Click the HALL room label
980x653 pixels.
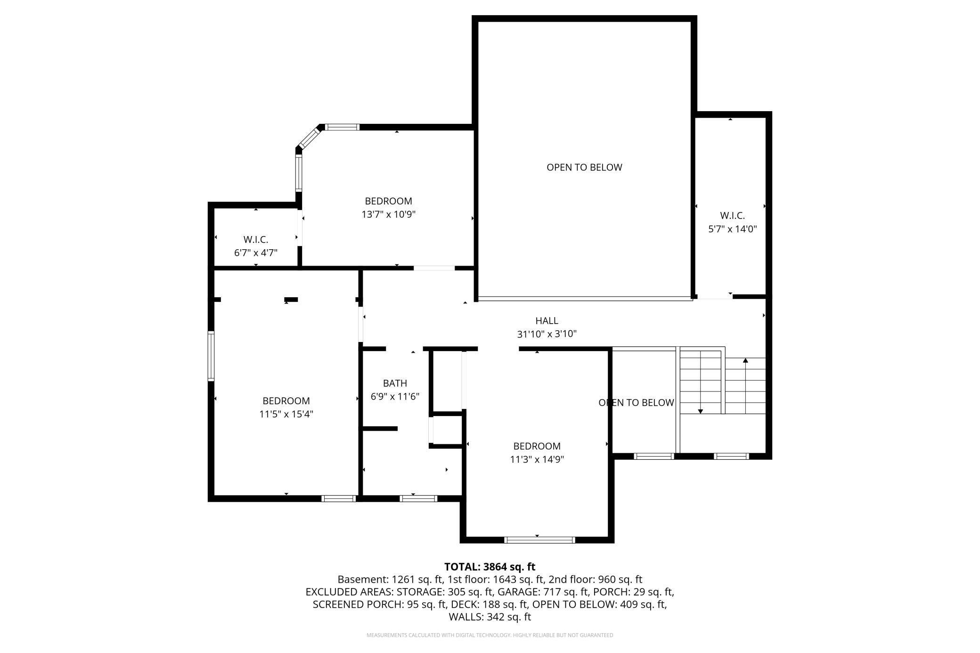[x=547, y=321]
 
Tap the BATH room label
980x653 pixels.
[x=395, y=384]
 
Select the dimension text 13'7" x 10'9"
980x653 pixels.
[x=388, y=214]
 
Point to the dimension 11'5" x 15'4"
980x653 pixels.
[x=286, y=414]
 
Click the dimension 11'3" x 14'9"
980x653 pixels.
[x=537, y=459]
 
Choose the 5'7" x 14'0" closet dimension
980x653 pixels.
[x=733, y=229]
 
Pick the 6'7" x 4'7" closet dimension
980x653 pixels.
[x=256, y=253]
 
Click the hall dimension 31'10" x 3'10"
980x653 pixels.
[x=547, y=334]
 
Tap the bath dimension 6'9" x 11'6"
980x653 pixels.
[x=395, y=397]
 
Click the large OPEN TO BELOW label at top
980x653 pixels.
[x=584, y=167]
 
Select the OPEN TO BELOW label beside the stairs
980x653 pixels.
[x=636, y=403]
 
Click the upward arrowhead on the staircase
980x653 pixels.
[x=745, y=360]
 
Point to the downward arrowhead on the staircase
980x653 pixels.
[x=701, y=411]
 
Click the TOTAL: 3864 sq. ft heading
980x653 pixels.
[x=490, y=567]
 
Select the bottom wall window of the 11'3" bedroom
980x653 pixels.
[x=539, y=540]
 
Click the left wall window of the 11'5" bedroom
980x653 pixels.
[x=211, y=356]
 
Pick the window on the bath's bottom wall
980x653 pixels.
[x=418, y=498]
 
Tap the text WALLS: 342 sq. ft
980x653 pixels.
[x=490, y=617]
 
